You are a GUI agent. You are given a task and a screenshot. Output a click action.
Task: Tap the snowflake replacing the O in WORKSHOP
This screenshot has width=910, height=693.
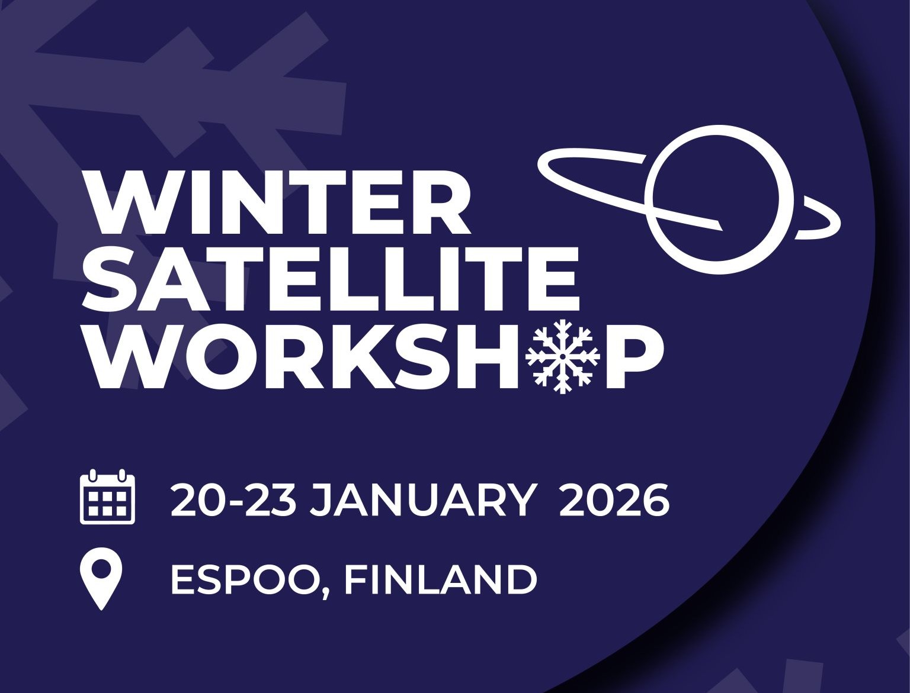coord(562,356)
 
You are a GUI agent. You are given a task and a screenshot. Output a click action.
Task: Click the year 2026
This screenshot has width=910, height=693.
coord(614,501)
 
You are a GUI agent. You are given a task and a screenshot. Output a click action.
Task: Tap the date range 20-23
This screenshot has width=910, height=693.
coord(233,501)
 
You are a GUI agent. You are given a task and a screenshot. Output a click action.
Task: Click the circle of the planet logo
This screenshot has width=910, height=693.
coord(719,199)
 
